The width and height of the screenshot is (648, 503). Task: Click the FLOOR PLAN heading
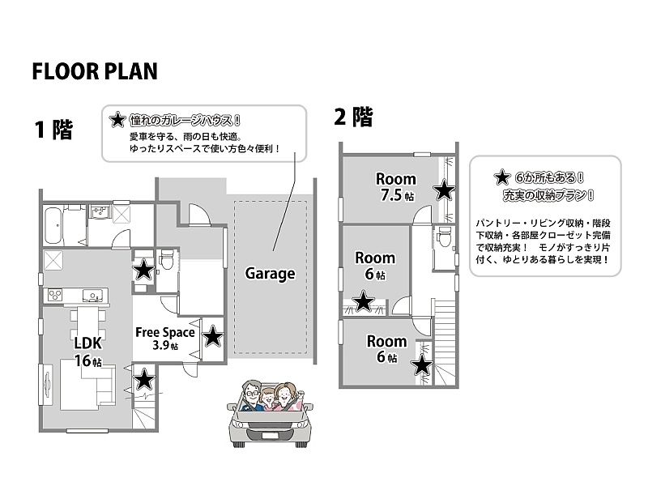click(x=95, y=71)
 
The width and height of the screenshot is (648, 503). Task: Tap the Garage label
click(x=271, y=273)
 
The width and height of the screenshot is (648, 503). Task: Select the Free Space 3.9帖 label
click(x=165, y=338)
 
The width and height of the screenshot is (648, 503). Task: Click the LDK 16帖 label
click(x=88, y=352)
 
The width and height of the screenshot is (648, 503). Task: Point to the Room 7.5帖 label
click(x=396, y=186)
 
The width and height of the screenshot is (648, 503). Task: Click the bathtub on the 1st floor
click(x=53, y=225)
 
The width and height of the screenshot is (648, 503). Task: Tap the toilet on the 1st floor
click(x=166, y=259)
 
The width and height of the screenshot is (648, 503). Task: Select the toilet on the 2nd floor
click(x=445, y=237)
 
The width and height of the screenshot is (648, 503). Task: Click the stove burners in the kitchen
click(x=55, y=295)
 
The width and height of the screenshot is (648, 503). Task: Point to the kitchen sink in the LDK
click(x=92, y=296)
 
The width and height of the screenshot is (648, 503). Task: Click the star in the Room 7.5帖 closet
click(x=444, y=190)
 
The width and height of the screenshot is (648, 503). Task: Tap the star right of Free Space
click(x=212, y=336)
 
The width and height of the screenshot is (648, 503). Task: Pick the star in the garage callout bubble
click(x=117, y=120)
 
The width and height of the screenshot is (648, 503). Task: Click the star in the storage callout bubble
click(x=501, y=177)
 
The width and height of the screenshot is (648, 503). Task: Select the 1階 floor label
click(x=53, y=130)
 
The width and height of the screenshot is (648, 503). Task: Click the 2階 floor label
click(x=353, y=117)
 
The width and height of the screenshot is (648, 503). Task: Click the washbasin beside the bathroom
click(x=99, y=212)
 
